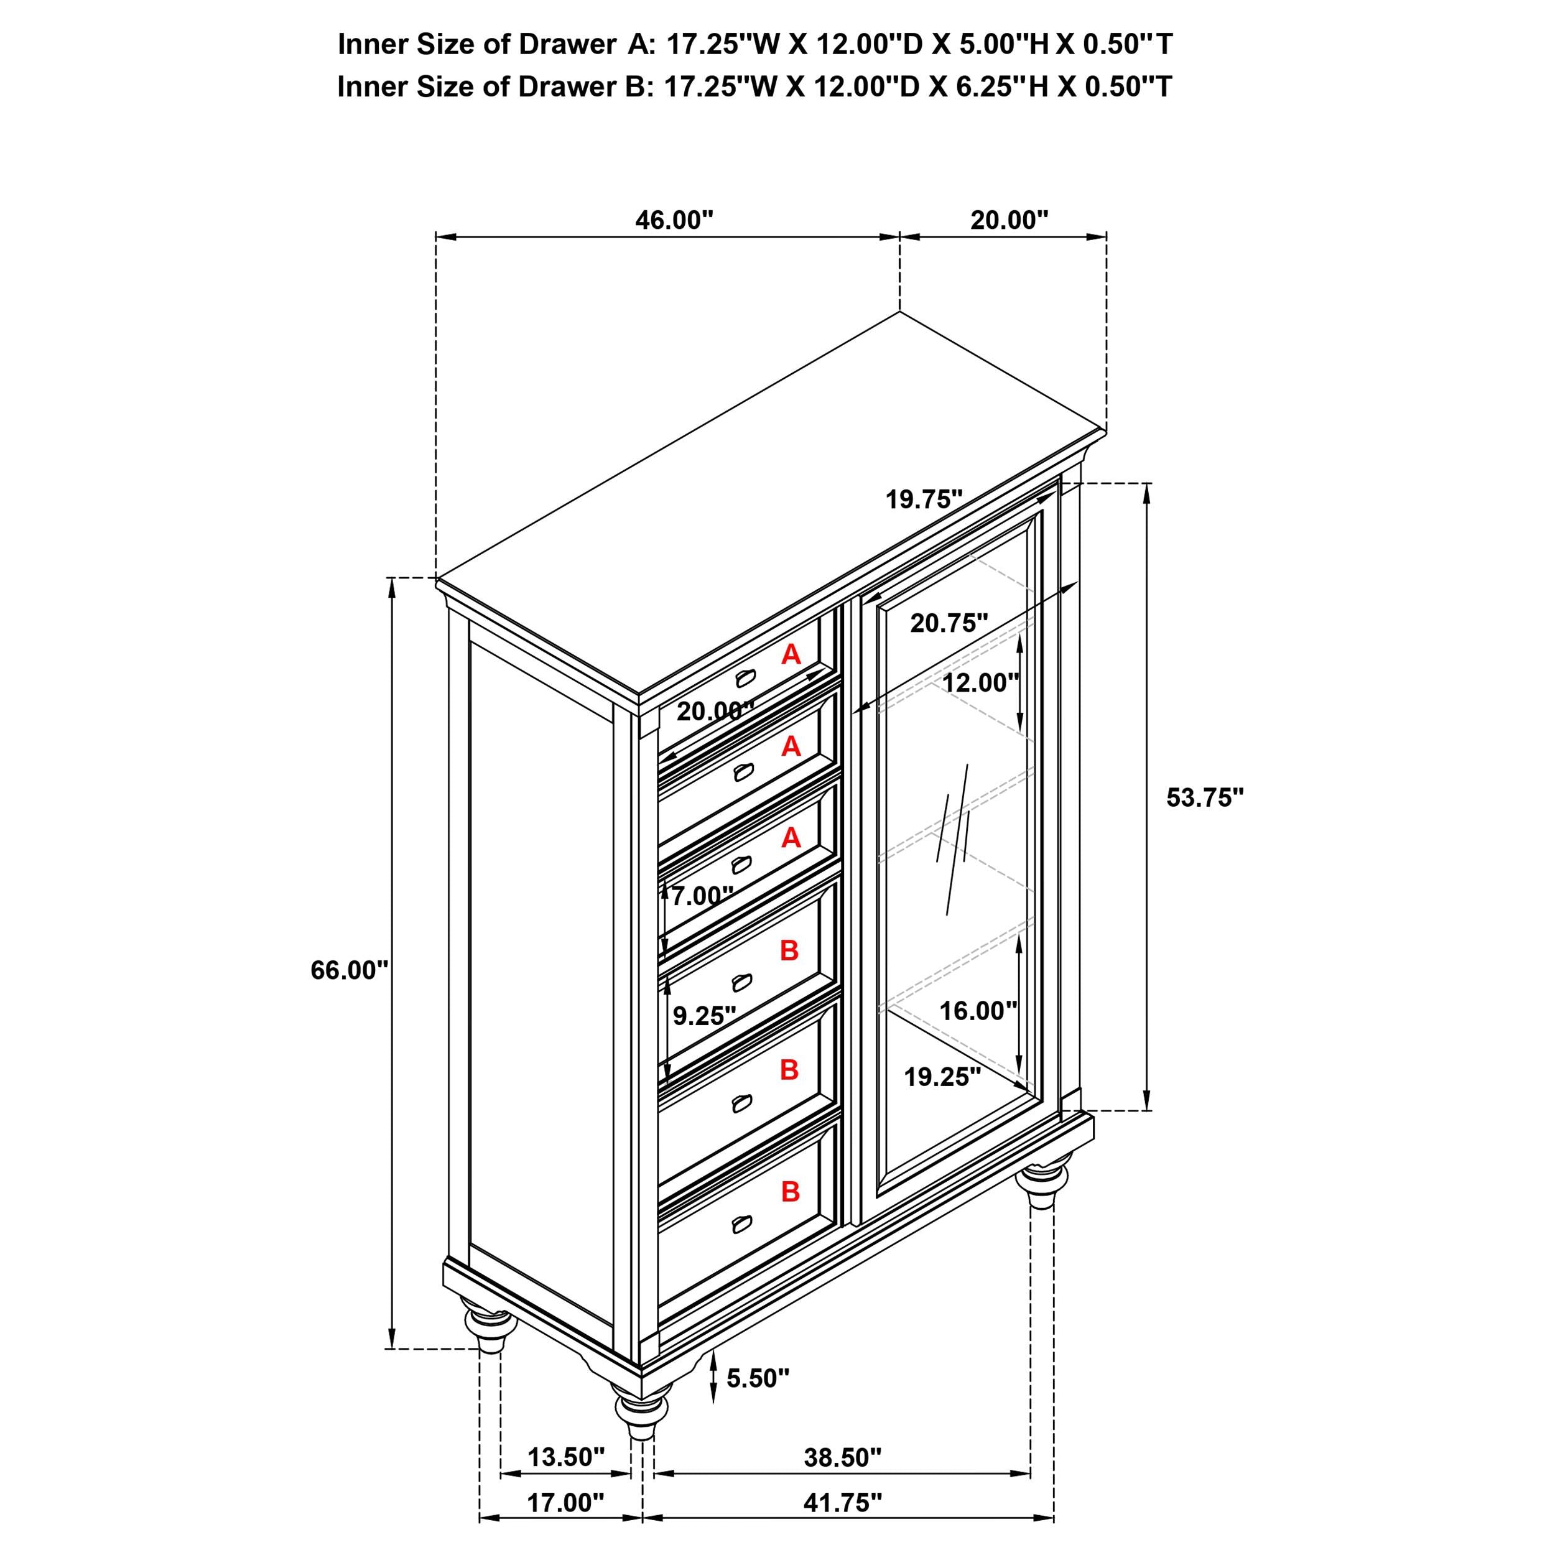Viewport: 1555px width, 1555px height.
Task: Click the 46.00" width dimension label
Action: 674,220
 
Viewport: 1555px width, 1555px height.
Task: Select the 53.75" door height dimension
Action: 1205,797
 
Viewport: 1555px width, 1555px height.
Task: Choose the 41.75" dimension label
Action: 842,1525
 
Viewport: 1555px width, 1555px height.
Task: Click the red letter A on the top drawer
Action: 791,654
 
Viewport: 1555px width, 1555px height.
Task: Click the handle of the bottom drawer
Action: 741,1246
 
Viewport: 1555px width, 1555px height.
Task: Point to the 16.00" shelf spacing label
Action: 978,1010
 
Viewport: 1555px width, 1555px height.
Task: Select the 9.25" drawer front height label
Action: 704,1016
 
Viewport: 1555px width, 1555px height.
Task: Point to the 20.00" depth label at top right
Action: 1010,220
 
